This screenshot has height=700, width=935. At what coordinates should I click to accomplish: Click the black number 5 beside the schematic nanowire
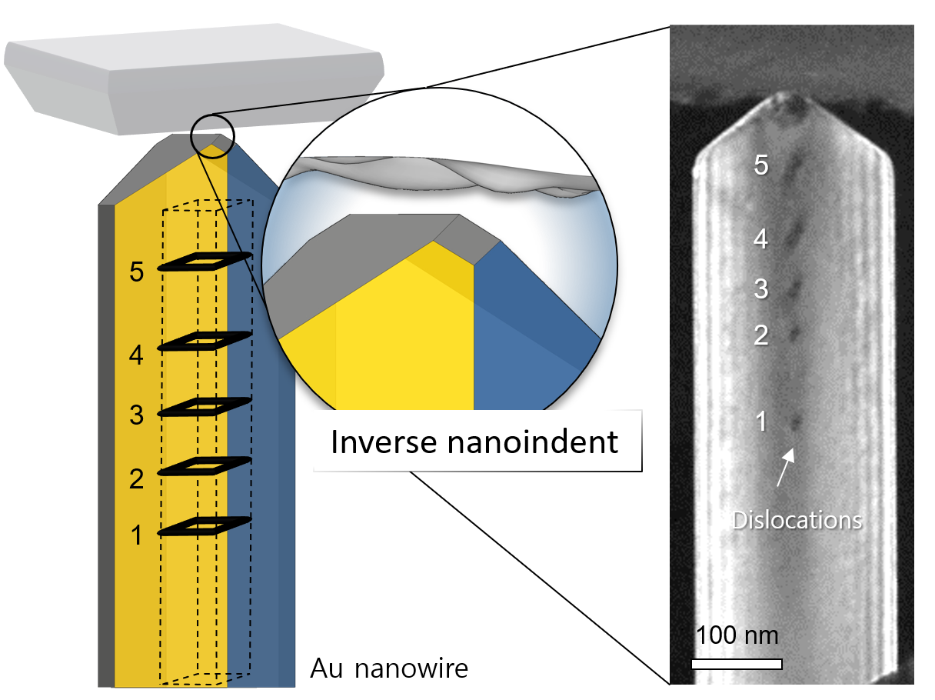click(x=137, y=273)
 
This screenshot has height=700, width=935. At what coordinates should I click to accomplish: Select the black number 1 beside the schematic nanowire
click(x=137, y=535)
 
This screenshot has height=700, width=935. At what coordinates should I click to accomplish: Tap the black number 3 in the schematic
click(x=137, y=416)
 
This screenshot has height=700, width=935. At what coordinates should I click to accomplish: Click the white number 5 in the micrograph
click(x=761, y=165)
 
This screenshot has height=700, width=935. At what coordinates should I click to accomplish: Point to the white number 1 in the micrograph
click(x=761, y=421)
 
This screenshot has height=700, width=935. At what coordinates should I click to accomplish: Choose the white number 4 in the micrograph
click(x=761, y=239)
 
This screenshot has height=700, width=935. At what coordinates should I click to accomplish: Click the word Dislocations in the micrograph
click(x=797, y=520)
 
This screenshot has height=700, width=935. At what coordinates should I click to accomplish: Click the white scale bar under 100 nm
click(x=737, y=664)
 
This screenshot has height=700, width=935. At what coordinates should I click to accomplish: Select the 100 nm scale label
click(x=737, y=636)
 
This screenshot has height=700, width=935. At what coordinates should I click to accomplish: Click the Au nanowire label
click(x=389, y=668)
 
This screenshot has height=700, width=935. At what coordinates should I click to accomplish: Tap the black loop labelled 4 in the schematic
click(x=205, y=342)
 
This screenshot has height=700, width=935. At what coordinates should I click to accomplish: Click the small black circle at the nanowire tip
click(x=213, y=133)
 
